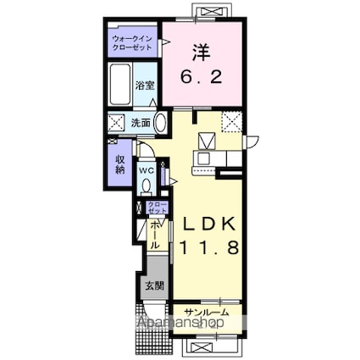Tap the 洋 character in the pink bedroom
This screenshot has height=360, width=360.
tap(200, 52)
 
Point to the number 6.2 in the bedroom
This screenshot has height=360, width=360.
tap(200, 76)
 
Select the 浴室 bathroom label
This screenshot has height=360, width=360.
tap(145, 86)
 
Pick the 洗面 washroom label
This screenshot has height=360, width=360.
tap(140, 123)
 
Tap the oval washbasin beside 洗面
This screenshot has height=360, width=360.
tap(158, 121)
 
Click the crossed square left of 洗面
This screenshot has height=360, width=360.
tap(117, 124)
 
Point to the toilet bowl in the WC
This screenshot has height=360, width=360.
tap(147, 185)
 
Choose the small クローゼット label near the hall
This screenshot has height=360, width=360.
tap(157, 206)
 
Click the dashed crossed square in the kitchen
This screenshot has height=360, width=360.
tap(231, 122)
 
